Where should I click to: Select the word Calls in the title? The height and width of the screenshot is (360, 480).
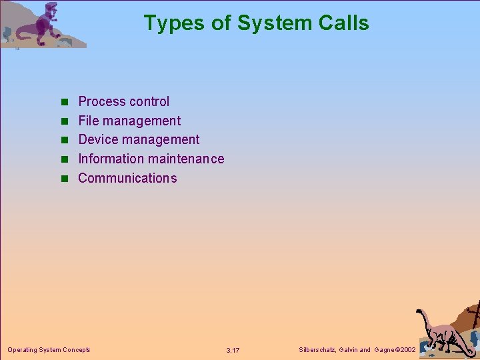344,23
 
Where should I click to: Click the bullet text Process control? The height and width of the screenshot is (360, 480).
124,101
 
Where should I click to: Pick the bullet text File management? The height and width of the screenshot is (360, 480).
129,121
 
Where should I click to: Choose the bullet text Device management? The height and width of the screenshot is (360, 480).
139,139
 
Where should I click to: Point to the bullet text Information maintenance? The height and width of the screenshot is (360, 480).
151,159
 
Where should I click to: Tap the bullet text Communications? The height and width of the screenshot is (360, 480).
127,178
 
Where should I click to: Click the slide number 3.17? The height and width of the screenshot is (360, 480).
233,350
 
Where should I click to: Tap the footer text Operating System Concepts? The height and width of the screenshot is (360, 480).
49,349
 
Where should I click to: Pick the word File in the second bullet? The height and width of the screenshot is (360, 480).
88,121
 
